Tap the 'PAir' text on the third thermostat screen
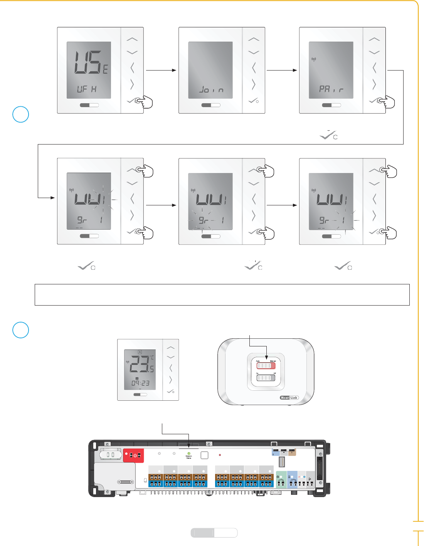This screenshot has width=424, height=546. (331, 89)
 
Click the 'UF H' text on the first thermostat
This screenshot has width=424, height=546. (87, 89)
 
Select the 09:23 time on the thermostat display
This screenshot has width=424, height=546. (140, 383)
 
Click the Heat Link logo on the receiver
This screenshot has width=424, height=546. (289, 398)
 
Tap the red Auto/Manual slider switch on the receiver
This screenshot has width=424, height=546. (266, 365)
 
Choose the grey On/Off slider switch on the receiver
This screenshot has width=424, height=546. (266, 378)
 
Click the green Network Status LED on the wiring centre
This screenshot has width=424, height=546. (189, 454)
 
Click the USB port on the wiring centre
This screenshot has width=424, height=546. (281, 462)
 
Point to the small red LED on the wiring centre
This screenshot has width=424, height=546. (220, 455)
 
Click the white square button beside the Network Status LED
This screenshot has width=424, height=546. (204, 455)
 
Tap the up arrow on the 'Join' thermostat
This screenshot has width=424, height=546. (253, 39)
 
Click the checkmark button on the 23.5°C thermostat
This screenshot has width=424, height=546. (170, 391)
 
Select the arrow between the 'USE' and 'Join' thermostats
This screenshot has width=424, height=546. (161, 70)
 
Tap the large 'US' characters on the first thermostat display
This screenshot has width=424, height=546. (87, 62)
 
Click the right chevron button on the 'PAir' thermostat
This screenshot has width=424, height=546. (374, 84)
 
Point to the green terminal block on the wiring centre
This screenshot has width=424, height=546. (281, 479)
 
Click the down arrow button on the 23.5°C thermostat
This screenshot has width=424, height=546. (170, 357)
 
